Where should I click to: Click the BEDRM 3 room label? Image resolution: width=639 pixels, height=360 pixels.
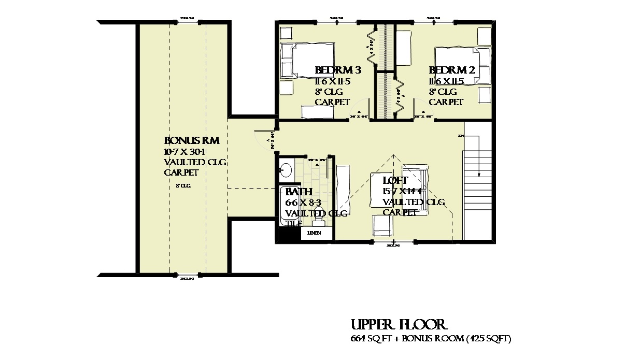337,70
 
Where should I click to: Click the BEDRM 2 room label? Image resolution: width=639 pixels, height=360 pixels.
451,70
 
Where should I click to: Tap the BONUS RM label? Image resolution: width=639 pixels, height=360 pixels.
192,141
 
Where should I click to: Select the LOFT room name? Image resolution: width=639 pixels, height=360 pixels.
395,181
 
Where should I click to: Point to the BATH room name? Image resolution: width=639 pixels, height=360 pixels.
299,192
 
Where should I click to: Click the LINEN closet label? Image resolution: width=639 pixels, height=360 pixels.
314,233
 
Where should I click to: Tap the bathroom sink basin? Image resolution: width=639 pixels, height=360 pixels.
286,170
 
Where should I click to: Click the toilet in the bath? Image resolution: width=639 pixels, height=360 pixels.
318,221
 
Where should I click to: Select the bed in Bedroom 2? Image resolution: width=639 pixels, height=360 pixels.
461,65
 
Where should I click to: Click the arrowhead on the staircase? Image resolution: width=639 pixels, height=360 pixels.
479,174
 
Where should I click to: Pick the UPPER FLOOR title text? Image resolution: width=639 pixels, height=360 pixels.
398,325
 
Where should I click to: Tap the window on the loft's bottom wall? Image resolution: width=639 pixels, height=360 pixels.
394,242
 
